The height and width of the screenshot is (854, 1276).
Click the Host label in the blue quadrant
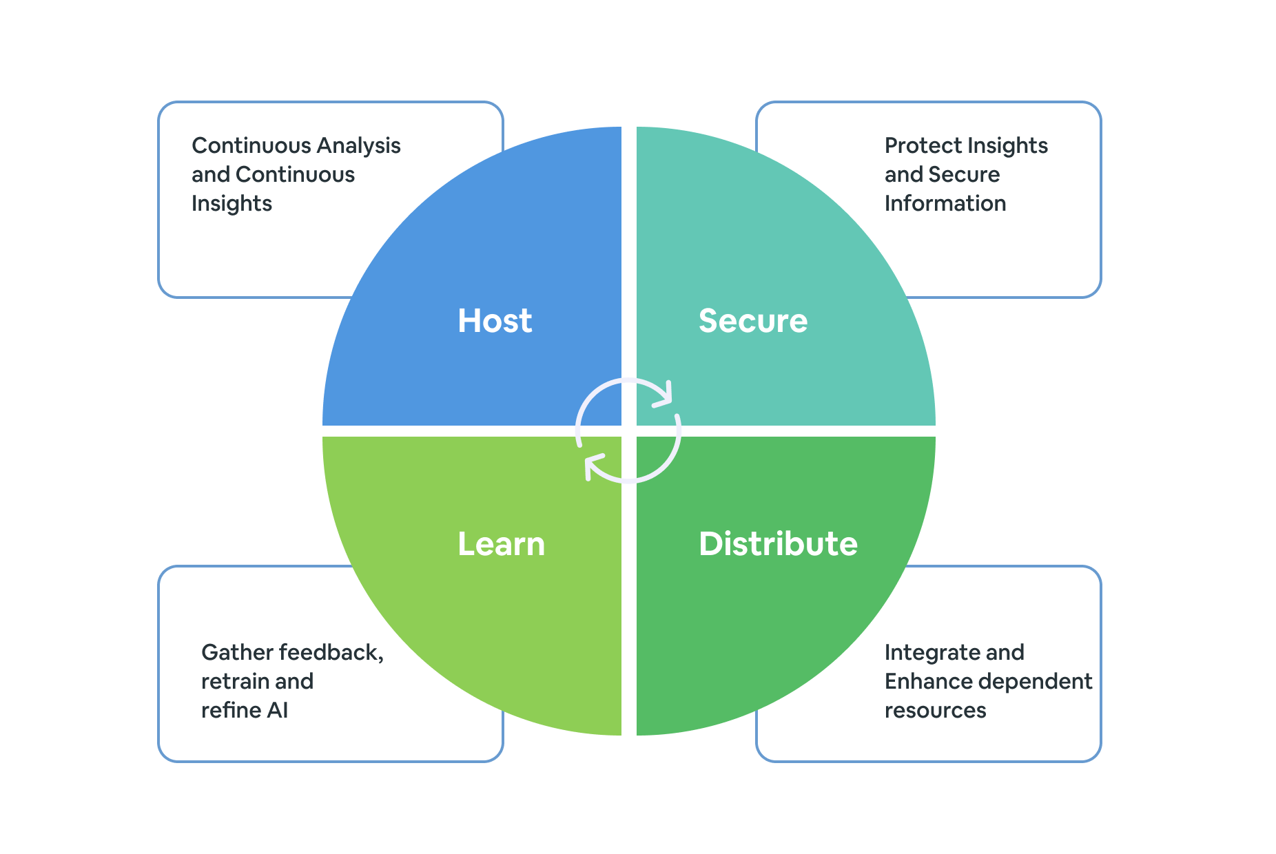click(495, 321)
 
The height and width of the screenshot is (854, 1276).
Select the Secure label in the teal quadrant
click(752, 321)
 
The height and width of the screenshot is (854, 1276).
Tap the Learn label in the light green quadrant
click(501, 544)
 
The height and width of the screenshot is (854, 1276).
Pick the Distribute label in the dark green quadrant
click(778, 544)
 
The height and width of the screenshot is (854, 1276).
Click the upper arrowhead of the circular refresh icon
click(663, 395)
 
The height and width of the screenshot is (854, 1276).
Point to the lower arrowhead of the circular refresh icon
click(593, 466)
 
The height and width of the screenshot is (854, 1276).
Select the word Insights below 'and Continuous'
click(231, 204)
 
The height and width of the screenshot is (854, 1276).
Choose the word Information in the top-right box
click(945, 204)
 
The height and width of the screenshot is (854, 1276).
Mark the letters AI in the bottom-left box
click(277, 711)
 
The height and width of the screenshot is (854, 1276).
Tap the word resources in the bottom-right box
click(935, 711)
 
